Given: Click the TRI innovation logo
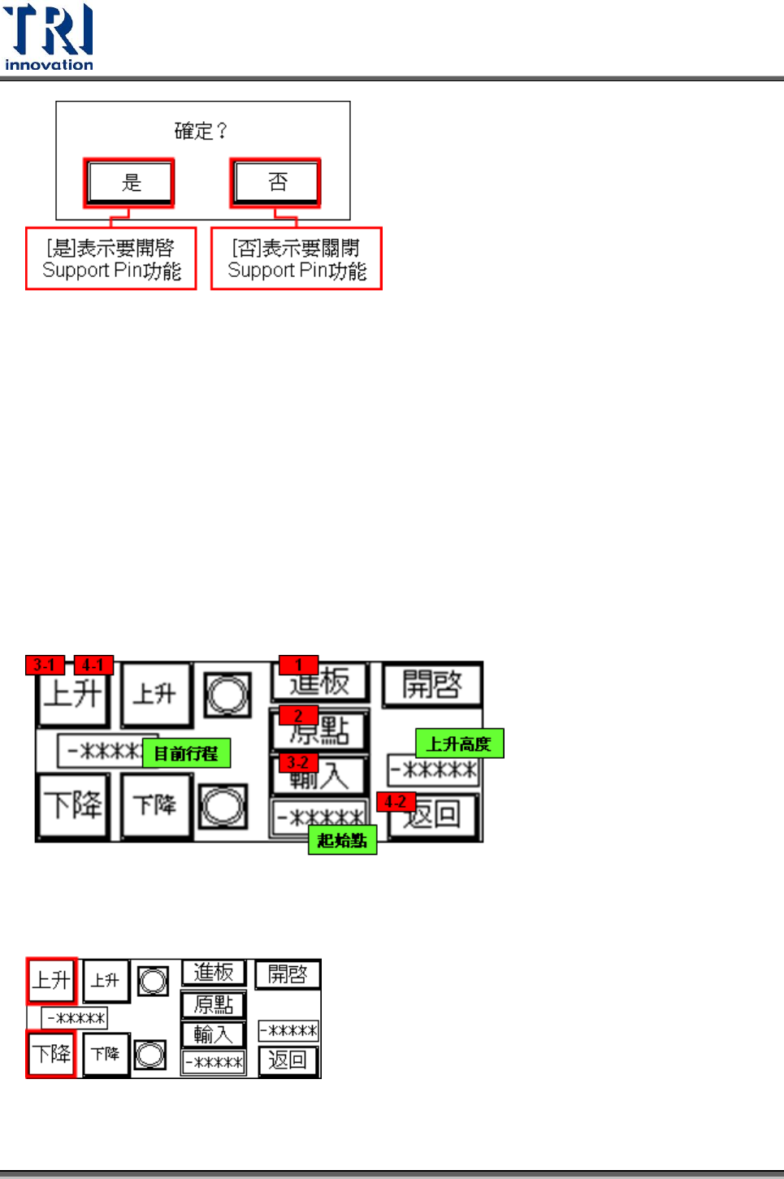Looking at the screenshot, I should pyautogui.click(x=49, y=37).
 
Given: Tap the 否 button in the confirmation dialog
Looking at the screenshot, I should pyautogui.click(x=275, y=182).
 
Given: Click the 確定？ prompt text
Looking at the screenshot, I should pyautogui.click(x=201, y=131).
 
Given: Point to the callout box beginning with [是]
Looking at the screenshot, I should pyautogui.click(x=111, y=259).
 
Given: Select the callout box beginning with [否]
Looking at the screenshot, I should pyautogui.click(x=297, y=259).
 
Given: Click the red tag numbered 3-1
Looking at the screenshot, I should pyautogui.click(x=45, y=665).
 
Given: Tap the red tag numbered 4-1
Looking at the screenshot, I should pyautogui.click(x=93, y=665).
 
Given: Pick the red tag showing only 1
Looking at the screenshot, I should pyautogui.click(x=299, y=665).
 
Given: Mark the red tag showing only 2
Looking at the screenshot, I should pyautogui.click(x=298, y=715).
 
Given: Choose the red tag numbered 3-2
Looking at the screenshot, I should pyautogui.click(x=298, y=762).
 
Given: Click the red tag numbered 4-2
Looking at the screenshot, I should pyautogui.click(x=396, y=802).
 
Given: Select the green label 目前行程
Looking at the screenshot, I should pyautogui.click(x=186, y=753).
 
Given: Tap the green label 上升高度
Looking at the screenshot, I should pyautogui.click(x=460, y=743).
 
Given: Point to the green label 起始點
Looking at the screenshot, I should pyautogui.click(x=342, y=840).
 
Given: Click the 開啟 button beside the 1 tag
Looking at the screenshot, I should pyautogui.click(x=432, y=684).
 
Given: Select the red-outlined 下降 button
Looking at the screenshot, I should pyautogui.click(x=51, y=1054).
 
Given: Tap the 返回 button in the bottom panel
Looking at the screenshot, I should pyautogui.click(x=288, y=1060).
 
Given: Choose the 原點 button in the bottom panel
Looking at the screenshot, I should pyautogui.click(x=213, y=1005).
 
